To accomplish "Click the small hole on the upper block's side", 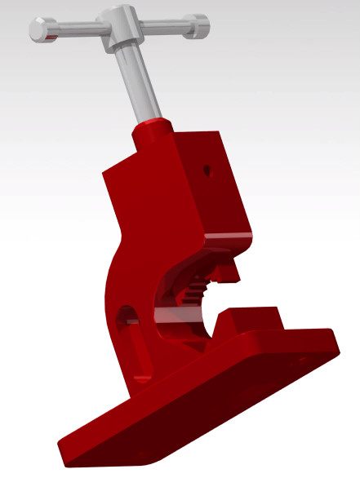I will [208, 171].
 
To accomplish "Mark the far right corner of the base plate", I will [332, 339].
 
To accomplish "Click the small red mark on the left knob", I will [51, 37].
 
